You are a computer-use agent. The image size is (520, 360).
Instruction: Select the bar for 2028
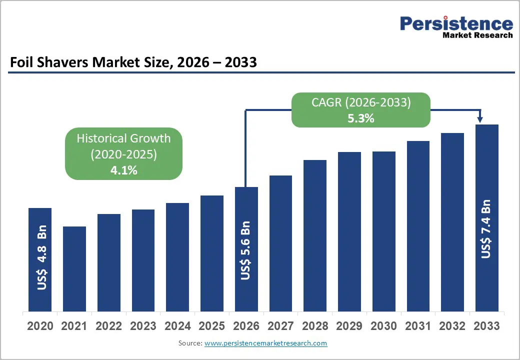coord(315,235)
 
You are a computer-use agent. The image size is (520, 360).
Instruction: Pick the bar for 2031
coord(418,225)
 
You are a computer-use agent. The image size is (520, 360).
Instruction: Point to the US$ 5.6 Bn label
coord(245,250)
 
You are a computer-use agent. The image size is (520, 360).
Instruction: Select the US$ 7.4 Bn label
coord(486,229)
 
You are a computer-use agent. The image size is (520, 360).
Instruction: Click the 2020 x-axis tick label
coord(40,326)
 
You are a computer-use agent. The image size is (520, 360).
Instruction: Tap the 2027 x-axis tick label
coord(280,326)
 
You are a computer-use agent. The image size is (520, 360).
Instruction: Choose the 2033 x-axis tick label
coord(486,326)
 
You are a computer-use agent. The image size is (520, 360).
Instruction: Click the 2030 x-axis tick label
coord(383,326)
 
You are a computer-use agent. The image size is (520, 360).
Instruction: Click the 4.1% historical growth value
coord(123,170)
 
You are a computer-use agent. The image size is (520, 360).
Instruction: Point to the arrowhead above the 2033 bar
coord(480,119)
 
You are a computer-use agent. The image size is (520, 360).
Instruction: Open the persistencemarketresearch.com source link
coord(265,343)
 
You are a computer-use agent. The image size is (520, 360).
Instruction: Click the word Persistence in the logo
coord(456,23)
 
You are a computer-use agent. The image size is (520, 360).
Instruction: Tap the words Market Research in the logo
coord(477,35)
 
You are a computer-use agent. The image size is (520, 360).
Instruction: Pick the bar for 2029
coord(349,231)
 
